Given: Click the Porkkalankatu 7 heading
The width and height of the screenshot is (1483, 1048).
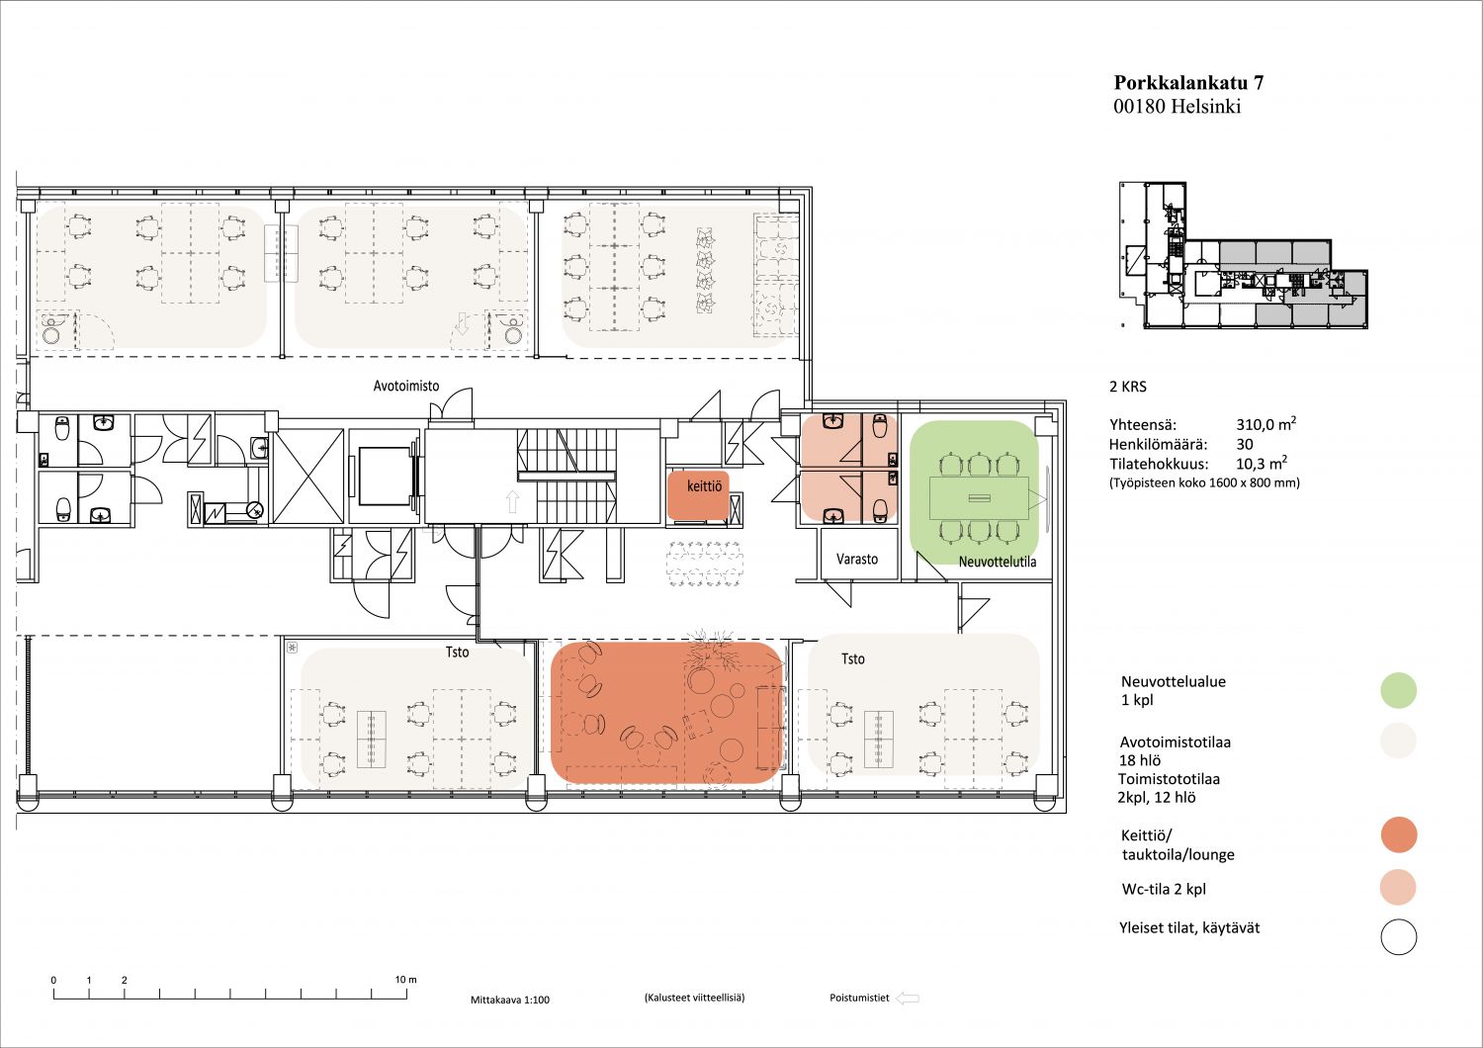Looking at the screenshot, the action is click(x=1188, y=83).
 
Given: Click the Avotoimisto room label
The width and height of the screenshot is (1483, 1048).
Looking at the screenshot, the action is click(x=405, y=386).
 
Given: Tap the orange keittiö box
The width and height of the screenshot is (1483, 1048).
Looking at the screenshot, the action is click(x=698, y=494).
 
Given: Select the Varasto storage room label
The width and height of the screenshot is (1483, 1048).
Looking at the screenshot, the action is click(x=857, y=559).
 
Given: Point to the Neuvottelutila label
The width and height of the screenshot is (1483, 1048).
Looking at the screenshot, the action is click(x=997, y=563).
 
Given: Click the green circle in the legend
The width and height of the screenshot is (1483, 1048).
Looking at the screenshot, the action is click(x=1398, y=690).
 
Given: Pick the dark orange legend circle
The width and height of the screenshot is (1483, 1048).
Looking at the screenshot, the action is click(x=1399, y=834).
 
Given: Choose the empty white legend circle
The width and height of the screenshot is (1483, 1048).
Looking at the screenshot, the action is click(x=1399, y=937).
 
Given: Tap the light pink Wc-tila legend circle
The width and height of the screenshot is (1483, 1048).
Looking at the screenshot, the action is click(x=1398, y=887).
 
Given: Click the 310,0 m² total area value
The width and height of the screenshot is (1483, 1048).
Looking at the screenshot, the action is click(x=1265, y=424).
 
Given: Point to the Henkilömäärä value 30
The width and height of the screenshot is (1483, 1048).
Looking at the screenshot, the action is click(x=1245, y=444).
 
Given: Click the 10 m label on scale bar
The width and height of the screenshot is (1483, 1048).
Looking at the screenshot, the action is click(x=405, y=979).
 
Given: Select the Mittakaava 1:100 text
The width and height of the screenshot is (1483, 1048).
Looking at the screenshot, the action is click(x=510, y=1000).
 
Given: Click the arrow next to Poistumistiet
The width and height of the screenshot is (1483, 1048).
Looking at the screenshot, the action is click(x=907, y=999).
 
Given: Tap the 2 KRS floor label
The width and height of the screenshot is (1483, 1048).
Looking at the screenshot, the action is click(x=1128, y=387).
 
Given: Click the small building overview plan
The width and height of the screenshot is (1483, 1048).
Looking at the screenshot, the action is click(x=1244, y=255).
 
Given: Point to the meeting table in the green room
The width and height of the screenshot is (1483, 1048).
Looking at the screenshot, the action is click(x=979, y=498).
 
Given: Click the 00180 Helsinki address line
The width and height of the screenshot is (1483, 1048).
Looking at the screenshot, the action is click(x=1178, y=107).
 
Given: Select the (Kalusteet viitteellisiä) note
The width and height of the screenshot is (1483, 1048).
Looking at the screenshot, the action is click(x=694, y=998).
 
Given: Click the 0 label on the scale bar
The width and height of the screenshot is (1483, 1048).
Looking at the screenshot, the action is click(x=53, y=980).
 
